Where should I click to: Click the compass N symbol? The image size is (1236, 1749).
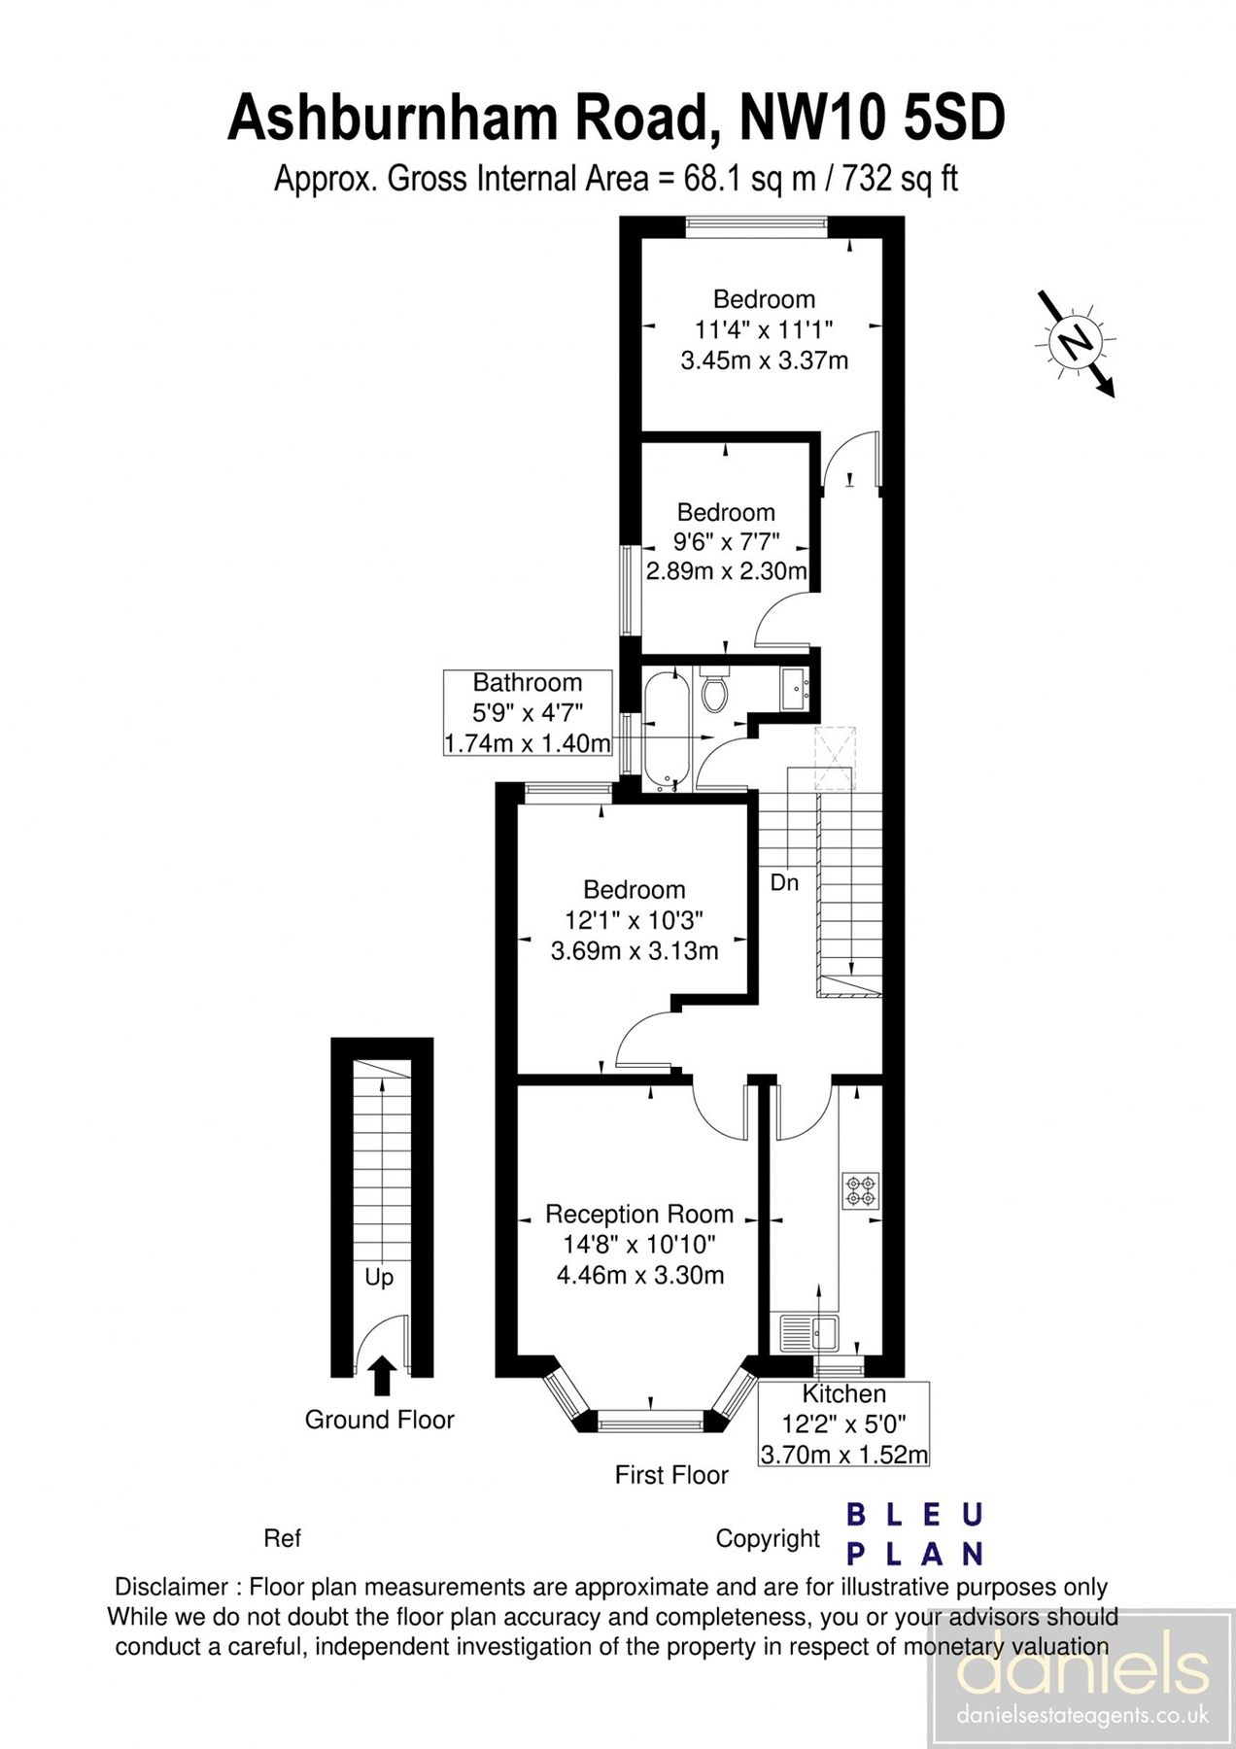coord(1075,342)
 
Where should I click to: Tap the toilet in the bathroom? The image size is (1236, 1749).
coord(715,691)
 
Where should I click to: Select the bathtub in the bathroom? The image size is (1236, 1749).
coord(668,731)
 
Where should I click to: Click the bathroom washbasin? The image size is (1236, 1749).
coord(796,689)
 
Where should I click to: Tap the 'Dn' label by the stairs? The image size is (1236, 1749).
coord(784,882)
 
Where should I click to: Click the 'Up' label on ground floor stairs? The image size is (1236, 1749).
coord(379,1277)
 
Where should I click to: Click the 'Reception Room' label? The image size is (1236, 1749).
coord(638,1214)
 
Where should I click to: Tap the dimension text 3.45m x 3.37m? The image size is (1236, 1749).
coord(764,360)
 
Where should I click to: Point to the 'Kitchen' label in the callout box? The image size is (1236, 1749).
coord(843,1393)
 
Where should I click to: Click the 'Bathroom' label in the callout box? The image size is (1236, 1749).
coord(527,682)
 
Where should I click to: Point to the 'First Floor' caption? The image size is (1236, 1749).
coord(671,1475)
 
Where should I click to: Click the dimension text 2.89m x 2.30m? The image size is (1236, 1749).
coord(726,571)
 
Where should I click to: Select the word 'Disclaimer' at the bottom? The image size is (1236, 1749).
coord(171,1587)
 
